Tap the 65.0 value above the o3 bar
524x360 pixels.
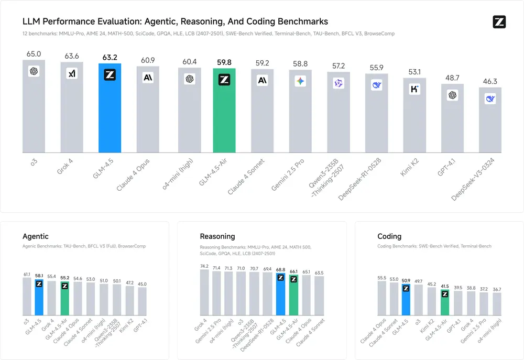(34, 53)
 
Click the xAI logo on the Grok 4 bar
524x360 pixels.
(72, 74)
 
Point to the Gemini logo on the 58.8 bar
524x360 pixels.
(300, 81)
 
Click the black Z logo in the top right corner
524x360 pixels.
(499, 22)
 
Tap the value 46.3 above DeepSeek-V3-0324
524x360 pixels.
(490, 81)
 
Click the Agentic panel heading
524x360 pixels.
(36, 236)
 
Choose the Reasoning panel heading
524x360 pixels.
(217, 236)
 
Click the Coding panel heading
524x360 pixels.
(389, 236)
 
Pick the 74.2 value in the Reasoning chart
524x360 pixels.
(204, 266)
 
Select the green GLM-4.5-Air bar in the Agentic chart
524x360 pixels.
(64, 301)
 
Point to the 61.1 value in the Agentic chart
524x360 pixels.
(27, 274)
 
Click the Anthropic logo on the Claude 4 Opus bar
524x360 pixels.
(148, 78)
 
